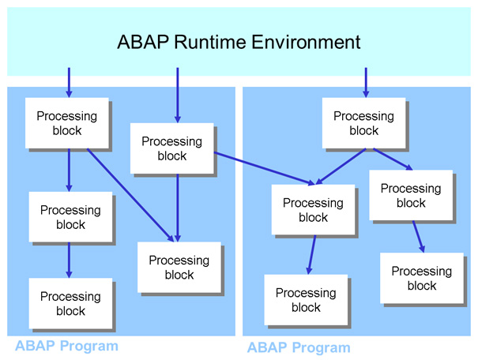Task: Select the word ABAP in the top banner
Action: [142, 42]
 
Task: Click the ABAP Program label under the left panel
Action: [66, 346]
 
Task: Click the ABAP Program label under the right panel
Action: [299, 347]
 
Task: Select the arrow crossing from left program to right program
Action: [265, 167]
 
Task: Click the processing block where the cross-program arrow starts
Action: [171, 148]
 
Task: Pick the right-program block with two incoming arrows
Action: [313, 209]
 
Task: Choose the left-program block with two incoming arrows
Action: [179, 267]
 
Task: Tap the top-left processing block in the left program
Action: [66, 122]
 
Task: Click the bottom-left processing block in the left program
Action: [70, 303]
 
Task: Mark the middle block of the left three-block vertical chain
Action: [70, 217]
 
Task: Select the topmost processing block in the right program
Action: [363, 123]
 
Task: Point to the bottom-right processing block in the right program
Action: [421, 278]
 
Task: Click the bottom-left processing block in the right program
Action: [306, 299]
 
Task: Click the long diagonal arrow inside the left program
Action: [130, 193]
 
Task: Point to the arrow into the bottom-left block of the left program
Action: [69, 261]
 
